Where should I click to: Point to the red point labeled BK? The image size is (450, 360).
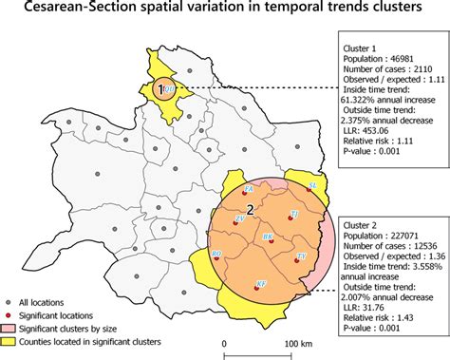tap(272, 239)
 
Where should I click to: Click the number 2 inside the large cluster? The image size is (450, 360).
tap(250, 208)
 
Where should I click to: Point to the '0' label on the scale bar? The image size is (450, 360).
tap(224, 342)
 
